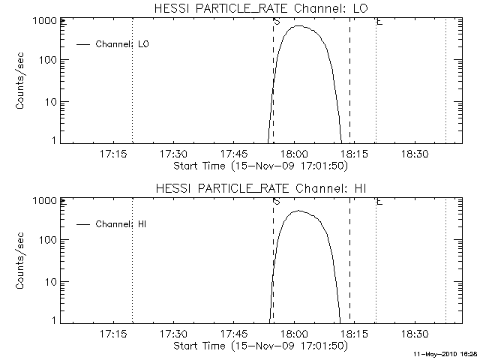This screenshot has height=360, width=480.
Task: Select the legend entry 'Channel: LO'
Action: (123, 44)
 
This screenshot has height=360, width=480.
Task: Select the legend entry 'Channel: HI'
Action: (122, 224)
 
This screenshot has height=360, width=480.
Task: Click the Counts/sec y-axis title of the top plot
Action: (22, 82)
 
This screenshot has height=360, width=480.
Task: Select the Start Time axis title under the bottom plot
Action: (259, 345)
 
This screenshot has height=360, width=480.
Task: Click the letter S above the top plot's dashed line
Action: (277, 22)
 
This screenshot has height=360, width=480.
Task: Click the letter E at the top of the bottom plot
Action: (379, 202)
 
